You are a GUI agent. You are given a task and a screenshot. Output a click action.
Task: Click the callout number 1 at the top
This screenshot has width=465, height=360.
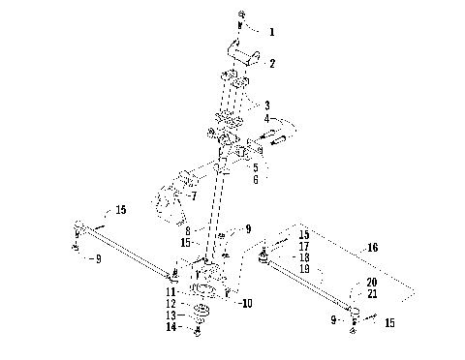point(272,32)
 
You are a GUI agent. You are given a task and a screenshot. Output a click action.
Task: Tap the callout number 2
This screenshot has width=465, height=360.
point(272,64)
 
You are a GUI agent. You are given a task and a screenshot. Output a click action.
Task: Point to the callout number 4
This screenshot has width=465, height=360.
point(268,118)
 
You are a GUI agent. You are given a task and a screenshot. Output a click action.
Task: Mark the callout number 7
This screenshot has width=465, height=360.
point(194,195)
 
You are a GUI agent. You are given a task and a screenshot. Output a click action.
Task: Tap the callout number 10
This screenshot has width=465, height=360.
point(247,303)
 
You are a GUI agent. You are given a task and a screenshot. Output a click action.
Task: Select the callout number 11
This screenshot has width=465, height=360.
point(170,290)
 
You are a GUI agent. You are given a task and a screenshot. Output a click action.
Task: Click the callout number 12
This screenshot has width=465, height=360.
point(170,303)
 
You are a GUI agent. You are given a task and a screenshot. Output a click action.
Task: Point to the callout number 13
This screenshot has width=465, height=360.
point(170,315)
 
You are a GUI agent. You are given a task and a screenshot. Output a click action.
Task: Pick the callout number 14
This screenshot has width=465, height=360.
point(170,328)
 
